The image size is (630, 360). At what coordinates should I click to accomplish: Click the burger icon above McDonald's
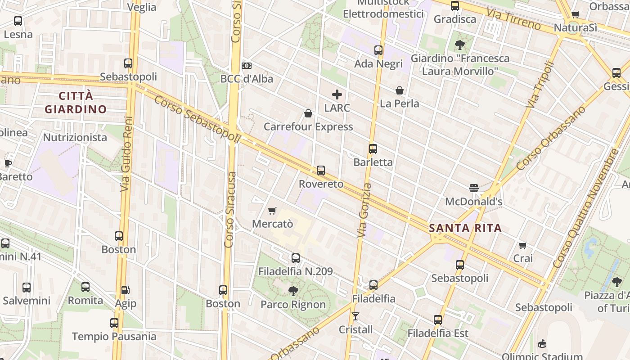coord(473,188)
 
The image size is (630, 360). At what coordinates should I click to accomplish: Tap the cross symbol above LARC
coord(337,94)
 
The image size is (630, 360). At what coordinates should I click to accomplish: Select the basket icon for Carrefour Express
coord(308,113)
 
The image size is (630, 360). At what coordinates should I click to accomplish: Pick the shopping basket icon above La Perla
coord(399,90)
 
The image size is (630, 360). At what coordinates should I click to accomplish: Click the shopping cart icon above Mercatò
coord(272,211)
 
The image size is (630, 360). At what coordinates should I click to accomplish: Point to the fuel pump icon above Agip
coord(125,291)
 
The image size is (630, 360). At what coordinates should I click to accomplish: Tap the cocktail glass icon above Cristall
coord(355,316)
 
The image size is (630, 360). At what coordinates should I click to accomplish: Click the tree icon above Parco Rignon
coord(293,291)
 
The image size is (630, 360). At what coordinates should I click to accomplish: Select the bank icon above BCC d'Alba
coord(246,66)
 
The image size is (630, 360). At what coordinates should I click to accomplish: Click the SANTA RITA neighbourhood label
coord(465,228)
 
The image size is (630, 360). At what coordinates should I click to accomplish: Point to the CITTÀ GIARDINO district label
coord(76,103)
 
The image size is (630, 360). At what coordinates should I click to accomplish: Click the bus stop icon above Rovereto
coord(321,171)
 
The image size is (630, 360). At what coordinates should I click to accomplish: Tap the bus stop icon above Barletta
coord(373,149)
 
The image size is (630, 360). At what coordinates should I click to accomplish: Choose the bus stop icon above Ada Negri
coord(378,50)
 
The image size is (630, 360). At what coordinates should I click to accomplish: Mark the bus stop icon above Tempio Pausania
coord(114,323)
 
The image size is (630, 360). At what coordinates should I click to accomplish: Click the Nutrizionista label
coord(75,137)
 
